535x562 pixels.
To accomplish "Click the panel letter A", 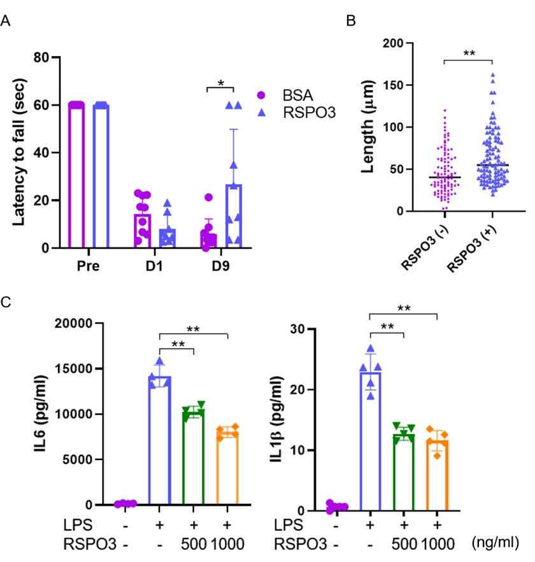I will [x=6, y=22].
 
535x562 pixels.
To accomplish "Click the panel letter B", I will [x=350, y=20].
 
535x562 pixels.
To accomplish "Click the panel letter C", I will [x=6, y=302].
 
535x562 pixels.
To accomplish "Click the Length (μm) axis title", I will [x=374, y=127].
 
